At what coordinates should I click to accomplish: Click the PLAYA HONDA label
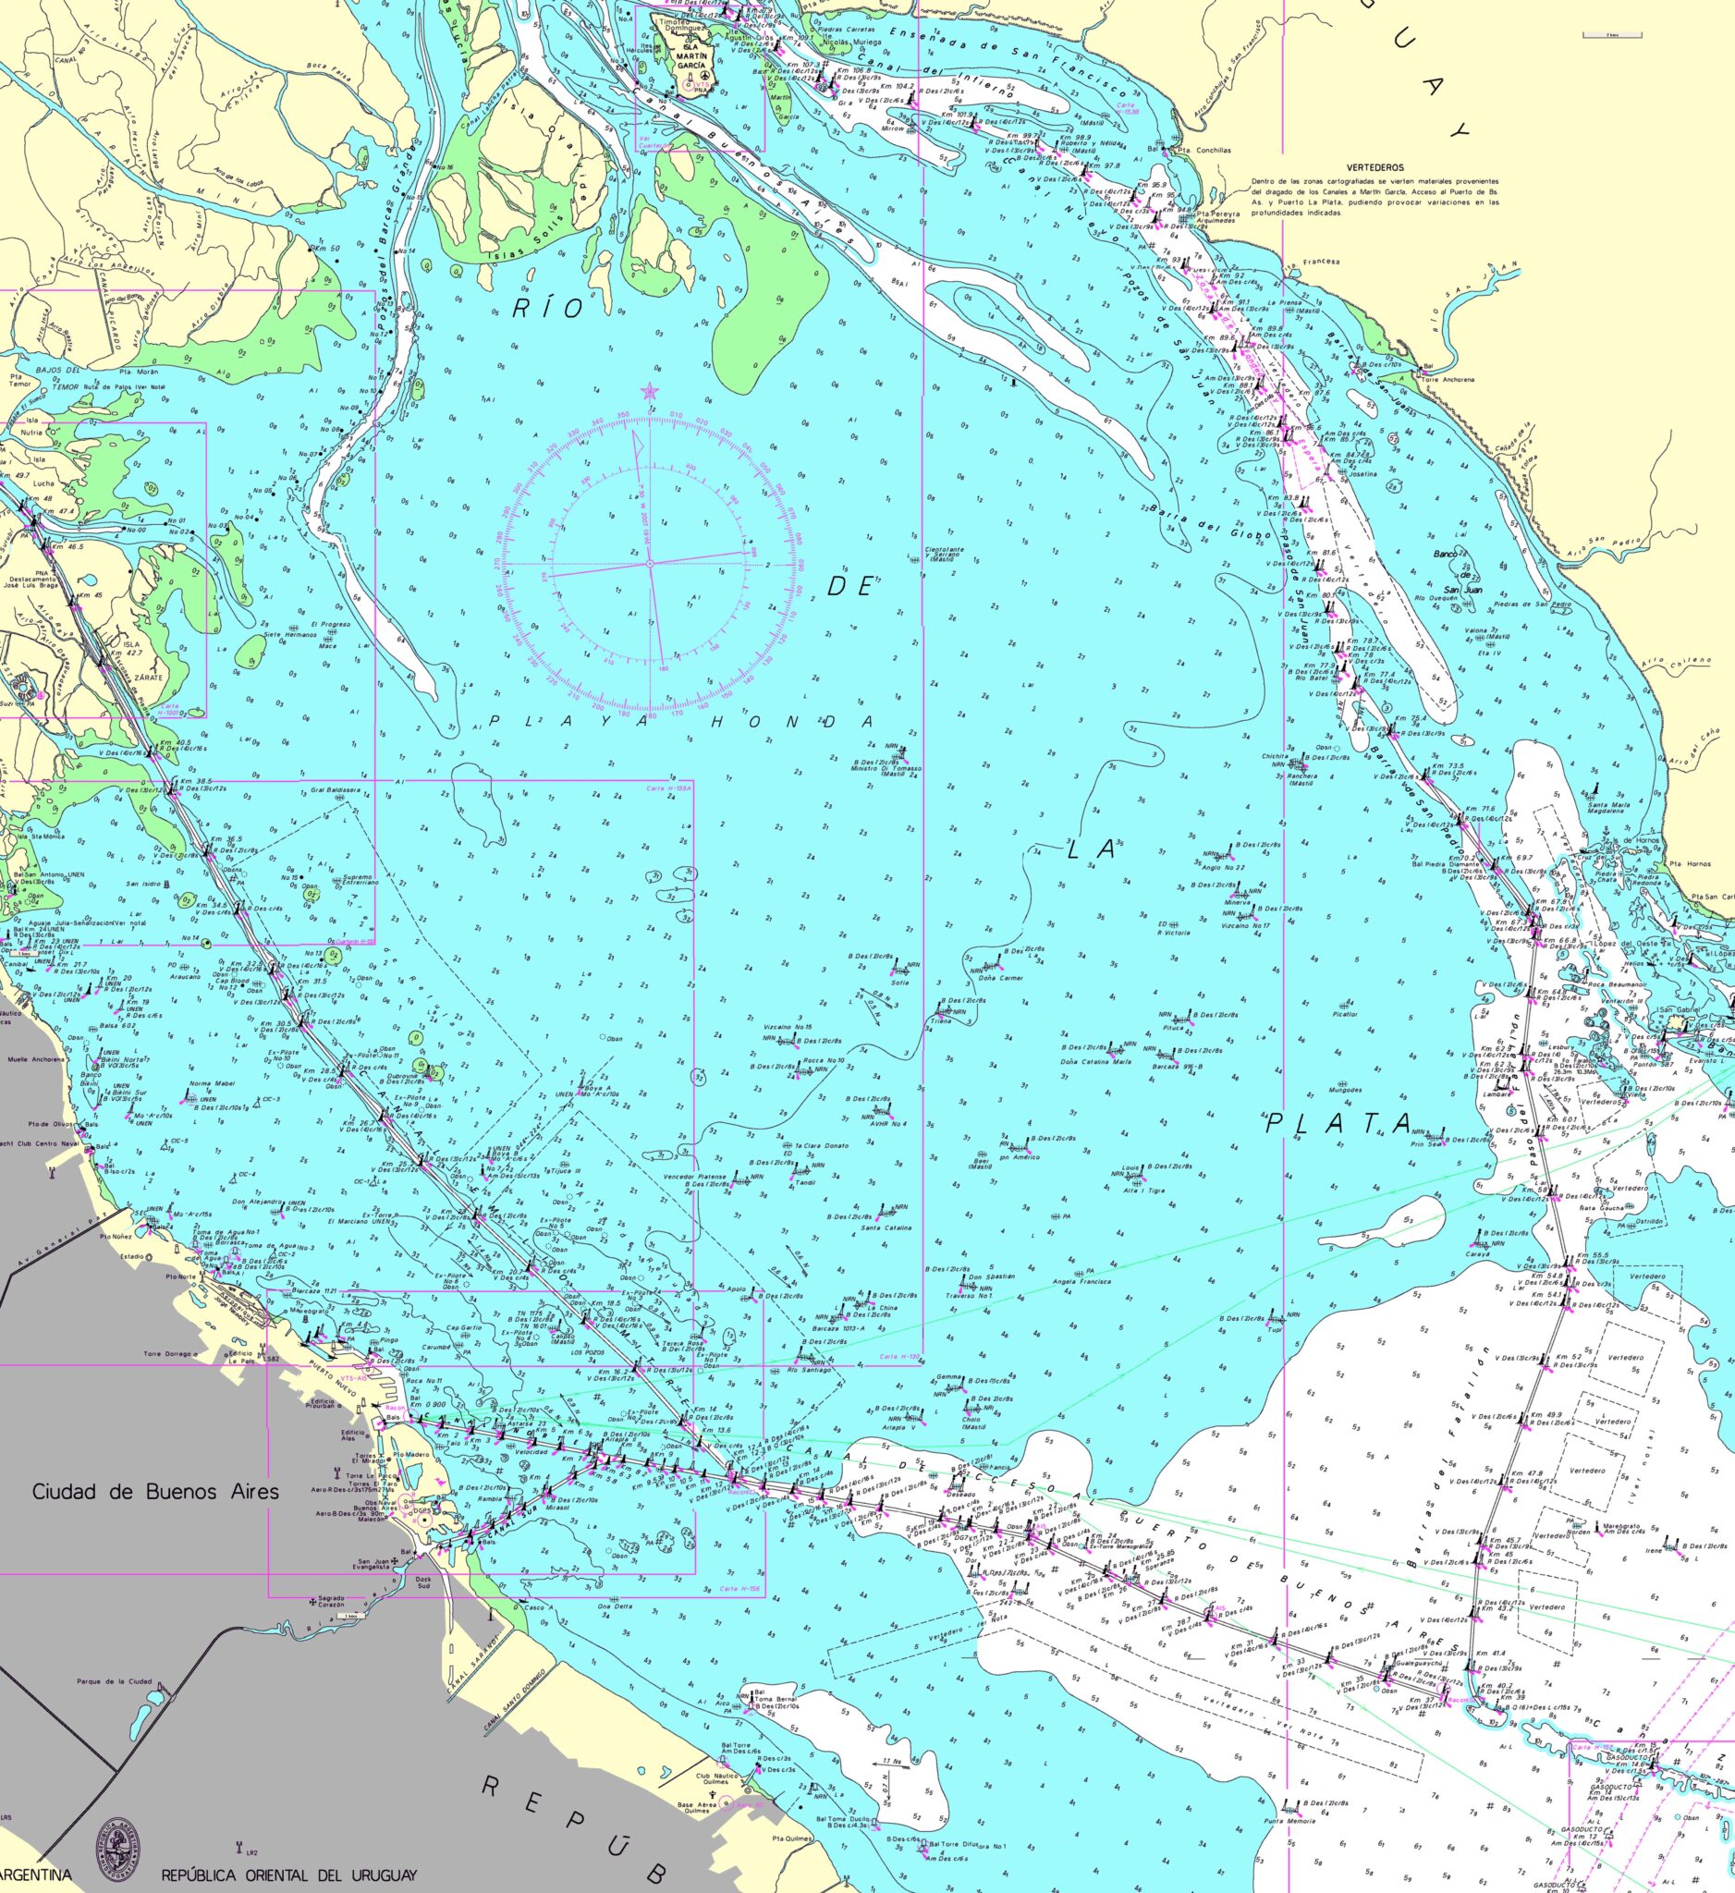[x=679, y=721]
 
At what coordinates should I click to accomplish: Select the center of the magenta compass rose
[x=649, y=564]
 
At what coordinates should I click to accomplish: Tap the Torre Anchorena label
[x=1448, y=380]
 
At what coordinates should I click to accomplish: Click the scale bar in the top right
[x=1611, y=34]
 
